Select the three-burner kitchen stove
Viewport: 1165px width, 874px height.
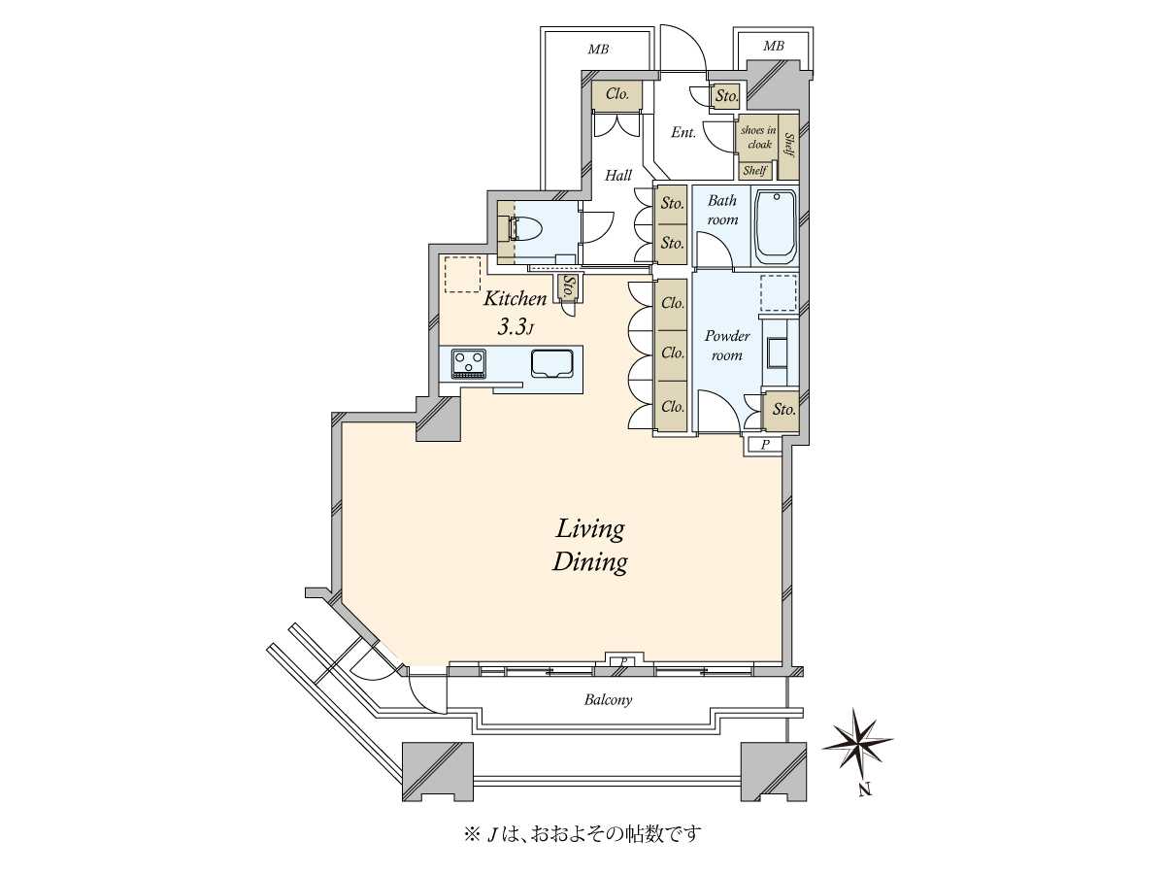(468, 363)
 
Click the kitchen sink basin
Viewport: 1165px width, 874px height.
(551, 363)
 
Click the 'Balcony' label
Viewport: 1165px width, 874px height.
(608, 700)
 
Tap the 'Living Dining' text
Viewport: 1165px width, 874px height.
(589, 547)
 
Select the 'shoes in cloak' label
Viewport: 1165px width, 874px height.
(759, 137)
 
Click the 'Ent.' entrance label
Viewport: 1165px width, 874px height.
(683, 132)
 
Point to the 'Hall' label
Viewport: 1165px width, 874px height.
(618, 175)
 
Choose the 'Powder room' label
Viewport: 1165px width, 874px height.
(727, 346)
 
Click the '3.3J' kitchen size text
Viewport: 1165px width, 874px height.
(515, 328)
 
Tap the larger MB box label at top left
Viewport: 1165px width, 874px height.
(598, 50)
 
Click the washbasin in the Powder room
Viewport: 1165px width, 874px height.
(777, 352)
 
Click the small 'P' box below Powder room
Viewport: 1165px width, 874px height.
(764, 445)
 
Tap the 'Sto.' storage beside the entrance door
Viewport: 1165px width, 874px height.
(725, 96)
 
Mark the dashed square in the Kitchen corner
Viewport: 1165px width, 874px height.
(462, 275)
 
